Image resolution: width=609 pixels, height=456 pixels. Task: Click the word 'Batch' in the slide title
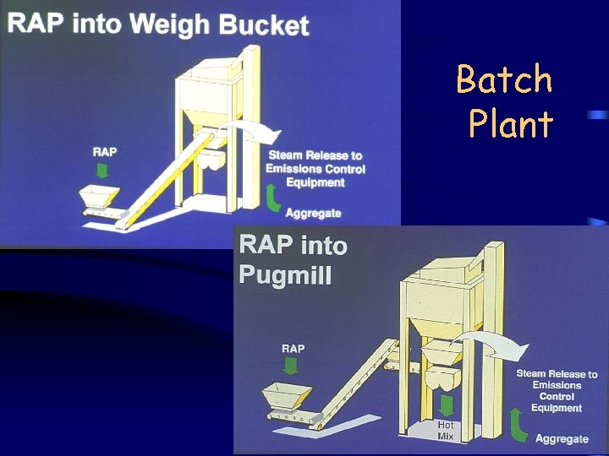pos(504,81)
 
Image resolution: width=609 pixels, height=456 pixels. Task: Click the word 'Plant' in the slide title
pos(511,125)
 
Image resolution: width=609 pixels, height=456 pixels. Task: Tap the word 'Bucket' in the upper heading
pos(264,24)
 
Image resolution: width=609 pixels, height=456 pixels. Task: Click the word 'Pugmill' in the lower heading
pos(284,274)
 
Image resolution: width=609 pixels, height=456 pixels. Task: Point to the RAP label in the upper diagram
pos(105,152)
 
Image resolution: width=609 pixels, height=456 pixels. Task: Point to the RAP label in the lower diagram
pos(293,348)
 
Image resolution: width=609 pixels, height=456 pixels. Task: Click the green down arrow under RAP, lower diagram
pos(292,366)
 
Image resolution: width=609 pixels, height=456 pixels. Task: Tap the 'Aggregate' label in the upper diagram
pos(313,213)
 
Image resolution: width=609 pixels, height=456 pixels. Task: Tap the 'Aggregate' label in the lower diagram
pos(562,438)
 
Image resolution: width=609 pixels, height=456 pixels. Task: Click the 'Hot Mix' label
pos(446,431)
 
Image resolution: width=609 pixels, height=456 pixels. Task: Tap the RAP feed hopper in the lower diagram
pos(287,397)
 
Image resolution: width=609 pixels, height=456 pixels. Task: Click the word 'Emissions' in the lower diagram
pos(557,385)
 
